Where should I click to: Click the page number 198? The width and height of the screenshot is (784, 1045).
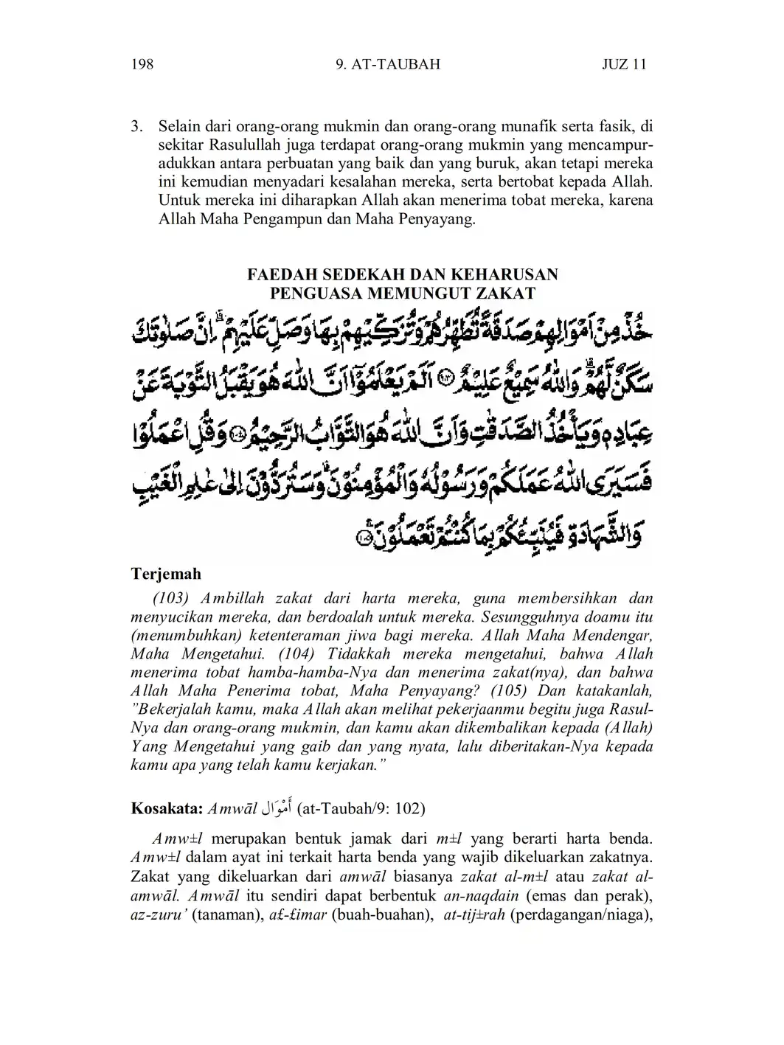142,64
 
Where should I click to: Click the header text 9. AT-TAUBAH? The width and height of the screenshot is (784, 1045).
387,64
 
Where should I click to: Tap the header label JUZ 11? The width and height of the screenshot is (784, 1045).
624,64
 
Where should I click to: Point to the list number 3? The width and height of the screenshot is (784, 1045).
136,125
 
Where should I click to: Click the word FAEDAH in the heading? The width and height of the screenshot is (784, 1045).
281,274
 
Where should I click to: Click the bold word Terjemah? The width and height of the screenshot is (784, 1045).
166,573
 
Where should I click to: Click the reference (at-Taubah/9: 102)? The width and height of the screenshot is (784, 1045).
361,808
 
